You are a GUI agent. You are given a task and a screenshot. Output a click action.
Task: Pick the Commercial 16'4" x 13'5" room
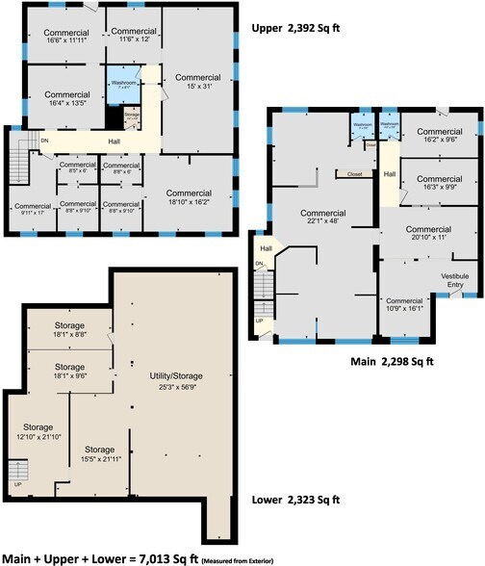coord(67,100)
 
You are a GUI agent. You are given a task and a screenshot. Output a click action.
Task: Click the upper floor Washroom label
coord(123,84)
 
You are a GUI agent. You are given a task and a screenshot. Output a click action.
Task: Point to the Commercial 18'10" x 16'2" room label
coord(188,198)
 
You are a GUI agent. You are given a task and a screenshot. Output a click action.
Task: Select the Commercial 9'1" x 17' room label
coord(32,209)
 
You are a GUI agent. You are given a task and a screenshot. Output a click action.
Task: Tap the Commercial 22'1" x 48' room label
coord(322,217)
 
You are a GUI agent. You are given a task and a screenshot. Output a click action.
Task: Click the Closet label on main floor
coord(347,175)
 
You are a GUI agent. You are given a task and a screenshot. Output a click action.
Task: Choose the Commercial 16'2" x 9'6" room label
coord(438,136)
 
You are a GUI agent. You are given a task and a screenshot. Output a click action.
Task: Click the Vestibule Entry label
coord(454,280)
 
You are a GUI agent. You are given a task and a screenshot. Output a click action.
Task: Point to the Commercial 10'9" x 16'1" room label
coord(404,304)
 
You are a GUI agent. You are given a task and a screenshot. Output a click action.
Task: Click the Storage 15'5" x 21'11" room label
coord(99,453)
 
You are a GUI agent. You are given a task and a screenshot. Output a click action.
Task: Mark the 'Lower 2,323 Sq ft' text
coord(299,501)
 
